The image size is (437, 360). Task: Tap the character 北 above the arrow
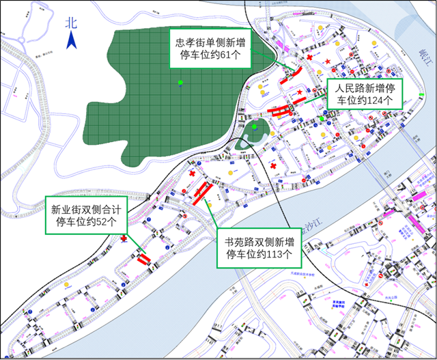(x=70, y=23)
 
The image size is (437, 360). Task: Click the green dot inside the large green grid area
(x=180, y=83)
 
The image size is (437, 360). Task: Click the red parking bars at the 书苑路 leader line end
(x=203, y=192)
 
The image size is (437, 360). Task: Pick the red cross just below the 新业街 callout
(x=124, y=239)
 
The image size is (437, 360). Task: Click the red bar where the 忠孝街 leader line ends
(x=294, y=76)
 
